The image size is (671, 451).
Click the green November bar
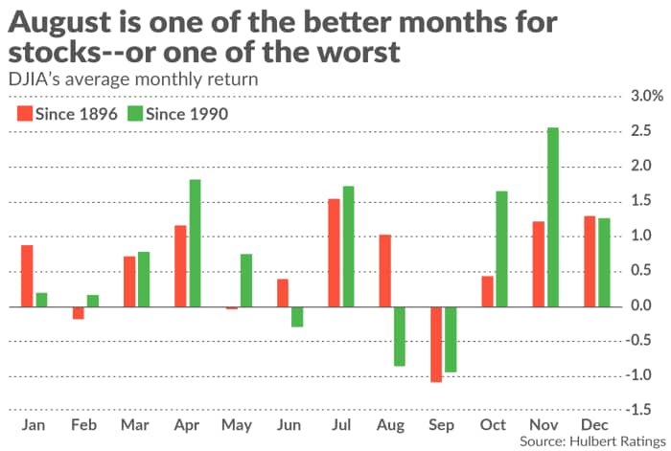pos(553,217)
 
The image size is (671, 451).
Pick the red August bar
pos(384,271)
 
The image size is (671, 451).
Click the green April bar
pos(195,243)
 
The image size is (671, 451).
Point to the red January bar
pos(27,276)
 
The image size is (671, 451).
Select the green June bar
pos(297,317)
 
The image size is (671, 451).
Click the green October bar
pos(501,249)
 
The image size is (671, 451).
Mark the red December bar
pos(590,261)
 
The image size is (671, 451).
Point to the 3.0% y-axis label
pos(643,97)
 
